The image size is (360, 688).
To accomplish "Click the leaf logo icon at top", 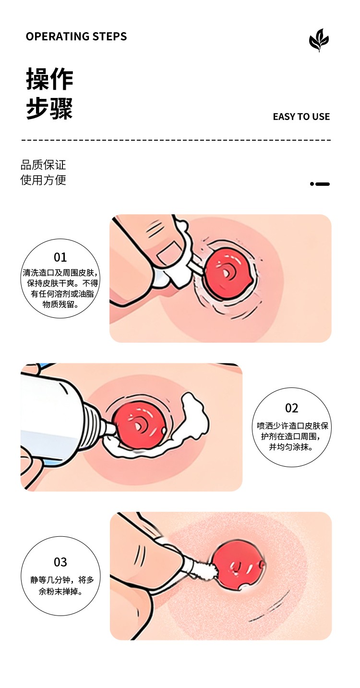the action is pyautogui.click(x=319, y=40).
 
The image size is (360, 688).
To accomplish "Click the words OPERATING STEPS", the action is pyautogui.click(x=76, y=36).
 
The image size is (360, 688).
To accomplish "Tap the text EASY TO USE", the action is pyautogui.click(x=301, y=117).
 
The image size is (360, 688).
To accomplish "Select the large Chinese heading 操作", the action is pyautogui.click(x=49, y=79).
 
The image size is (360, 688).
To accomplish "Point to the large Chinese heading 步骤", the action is pyautogui.click(x=49, y=108).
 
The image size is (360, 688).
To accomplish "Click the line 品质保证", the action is pyautogui.click(x=43, y=165).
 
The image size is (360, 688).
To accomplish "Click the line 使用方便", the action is pyautogui.click(x=43, y=180).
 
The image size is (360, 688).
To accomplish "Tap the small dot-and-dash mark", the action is pyautogui.click(x=320, y=184).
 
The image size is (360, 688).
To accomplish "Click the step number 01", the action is pyautogui.click(x=60, y=257).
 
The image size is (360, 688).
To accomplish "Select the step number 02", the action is pyautogui.click(x=291, y=408).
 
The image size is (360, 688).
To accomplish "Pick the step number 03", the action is pyautogui.click(x=60, y=562).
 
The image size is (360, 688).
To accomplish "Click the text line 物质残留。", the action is pyautogui.click(x=60, y=304).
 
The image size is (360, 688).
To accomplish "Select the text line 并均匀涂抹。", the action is pyautogui.click(x=291, y=447).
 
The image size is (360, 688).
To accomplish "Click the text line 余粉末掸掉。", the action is pyautogui.click(x=60, y=591).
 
